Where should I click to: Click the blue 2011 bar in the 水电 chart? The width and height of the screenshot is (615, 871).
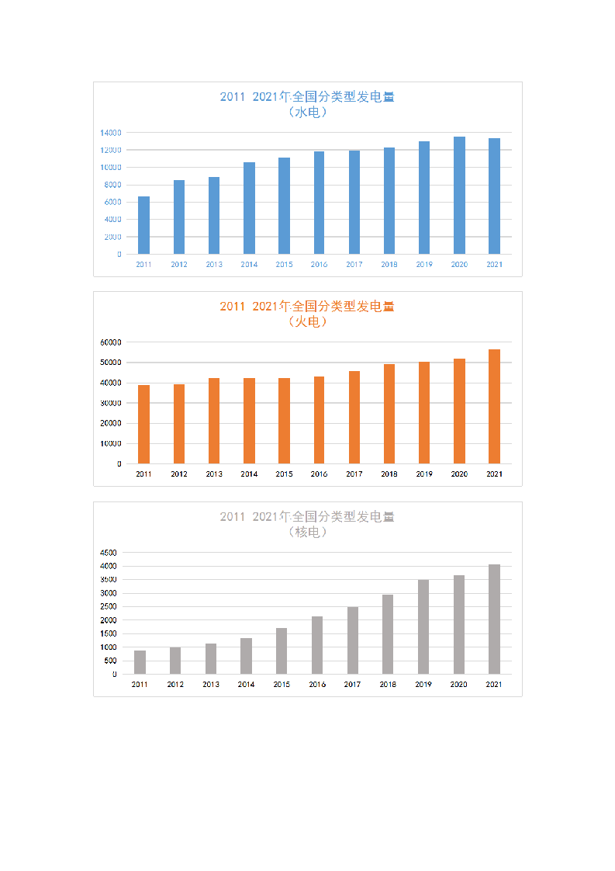143,225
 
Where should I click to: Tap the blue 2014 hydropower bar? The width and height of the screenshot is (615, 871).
249,208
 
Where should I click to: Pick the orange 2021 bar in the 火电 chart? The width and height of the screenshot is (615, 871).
494,407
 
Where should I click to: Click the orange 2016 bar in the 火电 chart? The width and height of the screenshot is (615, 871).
319,420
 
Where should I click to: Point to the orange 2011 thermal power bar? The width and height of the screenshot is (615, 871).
143,425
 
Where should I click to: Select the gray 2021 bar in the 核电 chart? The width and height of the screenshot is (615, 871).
494,619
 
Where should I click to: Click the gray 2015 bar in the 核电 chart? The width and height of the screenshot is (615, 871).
282,651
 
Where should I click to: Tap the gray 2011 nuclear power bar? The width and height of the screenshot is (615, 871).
140,662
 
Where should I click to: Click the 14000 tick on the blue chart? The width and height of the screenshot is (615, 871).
110,133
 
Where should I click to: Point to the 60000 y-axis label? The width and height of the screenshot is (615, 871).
110,342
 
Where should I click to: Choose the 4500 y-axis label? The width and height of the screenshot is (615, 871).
108,553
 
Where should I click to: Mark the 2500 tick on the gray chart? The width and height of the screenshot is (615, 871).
108,607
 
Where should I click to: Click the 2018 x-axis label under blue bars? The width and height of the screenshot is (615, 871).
389,265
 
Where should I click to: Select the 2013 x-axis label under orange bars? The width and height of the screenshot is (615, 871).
214,474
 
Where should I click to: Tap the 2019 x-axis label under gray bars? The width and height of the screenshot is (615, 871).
423,685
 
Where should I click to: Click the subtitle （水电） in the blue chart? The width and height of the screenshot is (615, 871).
307,113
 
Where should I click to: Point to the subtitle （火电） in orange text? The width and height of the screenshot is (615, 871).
307,322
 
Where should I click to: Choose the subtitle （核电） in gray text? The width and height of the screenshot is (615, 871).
307,533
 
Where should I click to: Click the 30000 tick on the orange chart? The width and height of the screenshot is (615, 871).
110,404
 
